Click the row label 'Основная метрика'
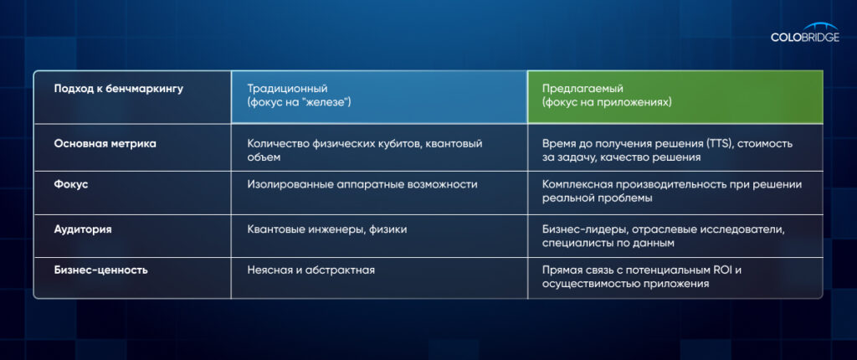[105, 144]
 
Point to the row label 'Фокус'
[71, 185]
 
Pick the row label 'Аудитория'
[83, 229]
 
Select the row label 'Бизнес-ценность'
[100, 270]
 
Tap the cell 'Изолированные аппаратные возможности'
[362, 185]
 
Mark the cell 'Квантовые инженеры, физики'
[327, 229]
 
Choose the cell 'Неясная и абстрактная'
[311, 270]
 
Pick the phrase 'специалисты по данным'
[608, 244]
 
